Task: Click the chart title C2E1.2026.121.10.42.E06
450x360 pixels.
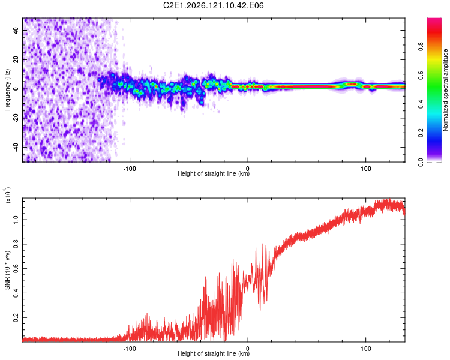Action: coord(213,5)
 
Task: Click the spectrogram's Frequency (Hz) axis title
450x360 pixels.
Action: coord(7,90)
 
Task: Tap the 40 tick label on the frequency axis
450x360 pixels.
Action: coord(16,31)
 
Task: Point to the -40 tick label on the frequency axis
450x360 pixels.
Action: coord(16,148)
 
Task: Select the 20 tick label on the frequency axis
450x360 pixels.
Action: coord(16,60)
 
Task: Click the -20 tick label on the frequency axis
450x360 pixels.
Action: coord(16,119)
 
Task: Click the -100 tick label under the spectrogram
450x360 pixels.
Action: coord(130,169)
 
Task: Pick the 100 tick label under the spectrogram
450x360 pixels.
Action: coord(365,169)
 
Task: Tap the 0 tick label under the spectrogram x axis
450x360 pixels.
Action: coord(248,169)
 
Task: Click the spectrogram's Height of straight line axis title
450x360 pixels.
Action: coord(214,173)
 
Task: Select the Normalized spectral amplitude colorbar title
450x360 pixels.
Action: coord(445,90)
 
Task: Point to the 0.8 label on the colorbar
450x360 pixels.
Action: coord(421,46)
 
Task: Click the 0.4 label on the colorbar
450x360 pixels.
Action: coord(421,104)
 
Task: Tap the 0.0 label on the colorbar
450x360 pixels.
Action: coord(421,162)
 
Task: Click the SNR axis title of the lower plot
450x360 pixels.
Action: coord(7,270)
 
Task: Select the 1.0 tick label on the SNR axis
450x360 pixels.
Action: coord(16,220)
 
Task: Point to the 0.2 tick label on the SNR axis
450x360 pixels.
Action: coord(16,318)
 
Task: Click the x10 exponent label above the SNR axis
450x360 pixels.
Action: coord(7,195)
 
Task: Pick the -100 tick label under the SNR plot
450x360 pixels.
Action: coord(130,349)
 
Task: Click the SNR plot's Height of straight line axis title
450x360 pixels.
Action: coord(214,353)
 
